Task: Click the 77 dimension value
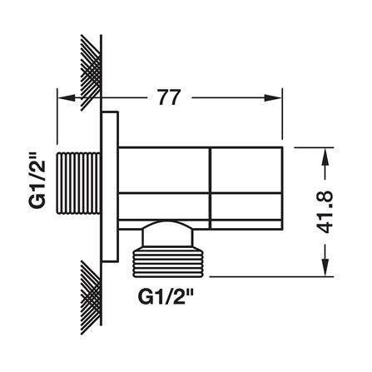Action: click(x=169, y=97)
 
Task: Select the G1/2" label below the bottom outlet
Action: click(x=166, y=296)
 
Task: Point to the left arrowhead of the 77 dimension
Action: click(x=67, y=97)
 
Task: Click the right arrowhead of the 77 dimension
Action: click(x=273, y=97)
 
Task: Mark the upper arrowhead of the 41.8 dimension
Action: click(x=326, y=157)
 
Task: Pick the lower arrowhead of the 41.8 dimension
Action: click(x=326, y=267)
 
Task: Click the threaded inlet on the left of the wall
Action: click(x=78, y=183)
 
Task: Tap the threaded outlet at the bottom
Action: click(x=168, y=263)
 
